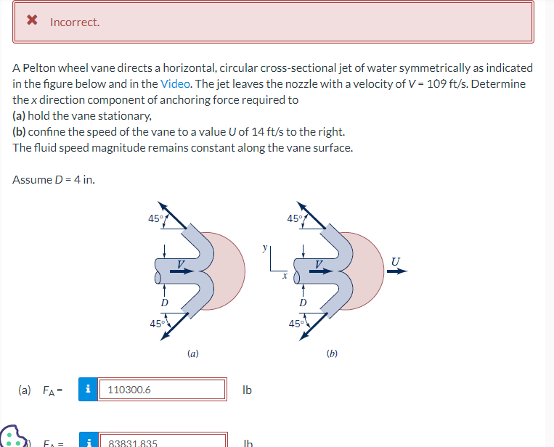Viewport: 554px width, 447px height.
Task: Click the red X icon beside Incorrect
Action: pos(32,21)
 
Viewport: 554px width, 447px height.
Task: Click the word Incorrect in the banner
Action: pos(75,22)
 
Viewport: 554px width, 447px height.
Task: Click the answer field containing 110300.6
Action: pos(162,390)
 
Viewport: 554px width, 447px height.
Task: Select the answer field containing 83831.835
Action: pos(162,441)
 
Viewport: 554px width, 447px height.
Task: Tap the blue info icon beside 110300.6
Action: pos(89,390)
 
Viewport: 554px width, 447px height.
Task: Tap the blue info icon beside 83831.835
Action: pos(89,441)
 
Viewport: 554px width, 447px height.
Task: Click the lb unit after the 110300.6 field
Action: pos(247,390)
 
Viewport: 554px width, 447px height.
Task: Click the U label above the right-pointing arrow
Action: pos(395,261)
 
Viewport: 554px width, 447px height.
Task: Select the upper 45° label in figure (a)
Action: pos(153,218)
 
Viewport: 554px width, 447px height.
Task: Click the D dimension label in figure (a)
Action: pos(164,302)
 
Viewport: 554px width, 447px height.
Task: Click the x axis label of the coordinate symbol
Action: pos(285,276)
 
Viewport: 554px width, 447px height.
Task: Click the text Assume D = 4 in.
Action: pos(54,179)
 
